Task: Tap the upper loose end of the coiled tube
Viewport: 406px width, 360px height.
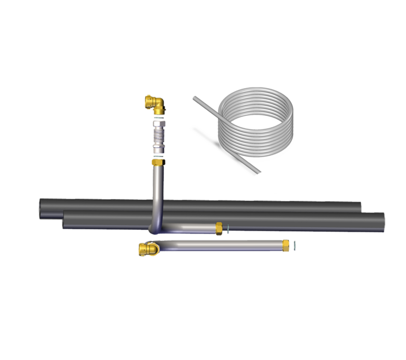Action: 194,97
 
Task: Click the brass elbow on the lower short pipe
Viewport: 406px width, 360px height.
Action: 147,247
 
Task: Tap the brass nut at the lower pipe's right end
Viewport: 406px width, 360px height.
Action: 286,244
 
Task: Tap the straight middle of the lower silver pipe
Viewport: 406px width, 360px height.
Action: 222,244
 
